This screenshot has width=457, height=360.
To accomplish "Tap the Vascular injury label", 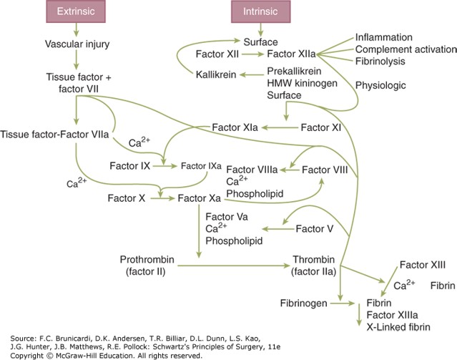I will pos(76,47).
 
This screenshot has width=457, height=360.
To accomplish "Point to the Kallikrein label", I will pos(220,72).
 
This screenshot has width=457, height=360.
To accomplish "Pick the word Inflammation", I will pos(393,37).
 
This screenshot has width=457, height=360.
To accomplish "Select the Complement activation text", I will pos(406,49).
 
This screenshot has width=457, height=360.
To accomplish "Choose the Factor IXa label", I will pos(203,166).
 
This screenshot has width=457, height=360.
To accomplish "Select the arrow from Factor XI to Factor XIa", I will pos(279,127).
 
